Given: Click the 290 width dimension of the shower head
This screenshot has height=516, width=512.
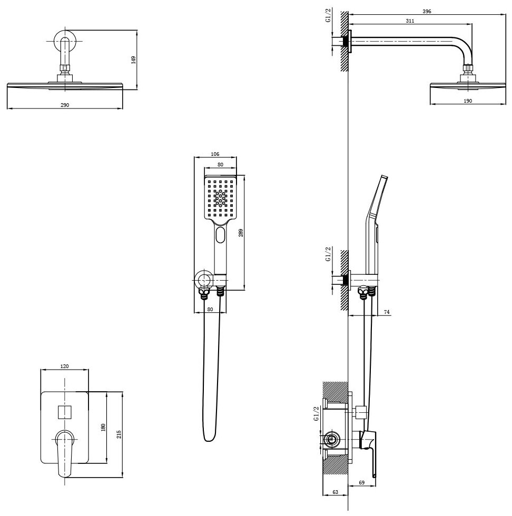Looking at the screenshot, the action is (x=65, y=105).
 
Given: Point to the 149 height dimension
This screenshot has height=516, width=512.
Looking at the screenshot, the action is (x=134, y=60).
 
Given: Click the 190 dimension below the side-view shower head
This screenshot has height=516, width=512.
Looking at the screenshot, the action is (x=468, y=100).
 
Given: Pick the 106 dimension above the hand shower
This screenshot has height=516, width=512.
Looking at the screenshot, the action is (x=214, y=154).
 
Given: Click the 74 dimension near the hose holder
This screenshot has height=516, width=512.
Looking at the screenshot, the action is (x=386, y=312).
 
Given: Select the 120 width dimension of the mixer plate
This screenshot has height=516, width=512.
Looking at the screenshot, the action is (x=65, y=366).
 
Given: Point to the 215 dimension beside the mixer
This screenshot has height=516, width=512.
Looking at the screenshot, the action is (x=119, y=434).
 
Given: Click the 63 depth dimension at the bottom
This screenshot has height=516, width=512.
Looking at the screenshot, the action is (x=335, y=492).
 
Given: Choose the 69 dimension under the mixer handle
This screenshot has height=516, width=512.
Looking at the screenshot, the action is (x=361, y=482).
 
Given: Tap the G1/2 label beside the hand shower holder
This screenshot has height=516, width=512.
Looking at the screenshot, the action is (x=328, y=255).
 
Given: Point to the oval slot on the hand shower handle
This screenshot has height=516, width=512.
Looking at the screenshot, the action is (x=220, y=235).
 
